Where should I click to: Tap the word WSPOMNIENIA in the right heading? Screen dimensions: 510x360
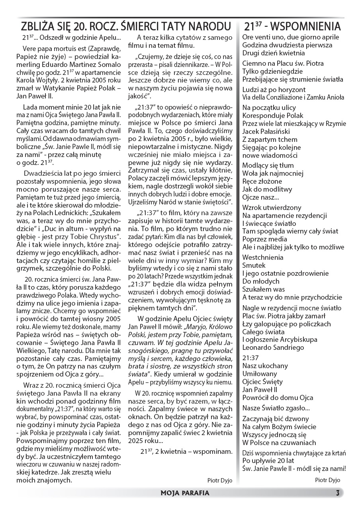[307, 27]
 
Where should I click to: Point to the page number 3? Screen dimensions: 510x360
[337, 493]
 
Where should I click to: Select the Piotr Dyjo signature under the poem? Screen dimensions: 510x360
[327, 480]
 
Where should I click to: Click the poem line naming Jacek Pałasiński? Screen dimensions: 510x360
[266, 131]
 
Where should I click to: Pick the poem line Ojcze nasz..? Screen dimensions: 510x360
[261, 198]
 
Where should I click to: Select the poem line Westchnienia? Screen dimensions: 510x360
[263, 257]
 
